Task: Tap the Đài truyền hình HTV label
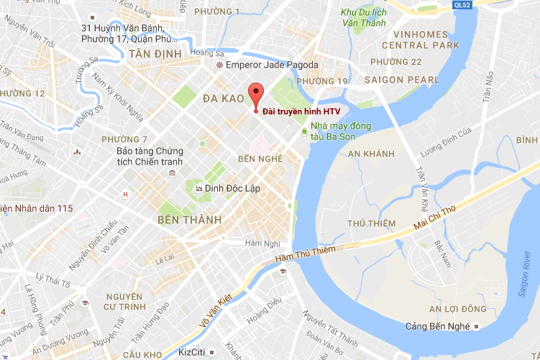(301, 111)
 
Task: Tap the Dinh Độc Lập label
(232, 188)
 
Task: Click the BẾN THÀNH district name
(189, 219)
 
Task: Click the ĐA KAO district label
(221, 98)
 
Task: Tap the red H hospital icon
(127, 194)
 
